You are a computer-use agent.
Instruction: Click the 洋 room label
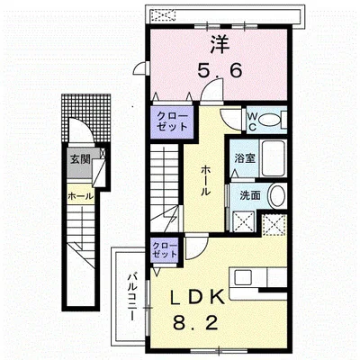point(220,46)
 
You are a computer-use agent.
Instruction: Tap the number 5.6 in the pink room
point(220,71)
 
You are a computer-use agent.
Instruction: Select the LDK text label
point(197,297)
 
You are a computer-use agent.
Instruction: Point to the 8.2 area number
point(195,323)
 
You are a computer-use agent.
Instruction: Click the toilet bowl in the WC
point(269,120)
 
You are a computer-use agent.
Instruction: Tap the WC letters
point(252,121)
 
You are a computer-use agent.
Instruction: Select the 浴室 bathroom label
point(245,158)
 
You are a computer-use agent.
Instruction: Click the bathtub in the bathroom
point(273,158)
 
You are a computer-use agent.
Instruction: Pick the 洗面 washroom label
point(250,196)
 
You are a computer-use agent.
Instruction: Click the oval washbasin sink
point(277,196)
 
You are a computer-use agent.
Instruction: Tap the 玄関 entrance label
point(80,159)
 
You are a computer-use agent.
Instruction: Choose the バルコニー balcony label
point(131,297)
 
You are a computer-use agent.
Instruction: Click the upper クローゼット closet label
point(172,121)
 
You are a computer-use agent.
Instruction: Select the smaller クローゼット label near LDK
point(165,250)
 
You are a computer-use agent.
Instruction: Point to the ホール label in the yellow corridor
point(205,181)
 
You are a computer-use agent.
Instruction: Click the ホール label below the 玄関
point(80,196)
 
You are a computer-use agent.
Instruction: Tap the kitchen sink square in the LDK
point(243,277)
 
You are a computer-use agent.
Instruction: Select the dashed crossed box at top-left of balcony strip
point(163,14)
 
